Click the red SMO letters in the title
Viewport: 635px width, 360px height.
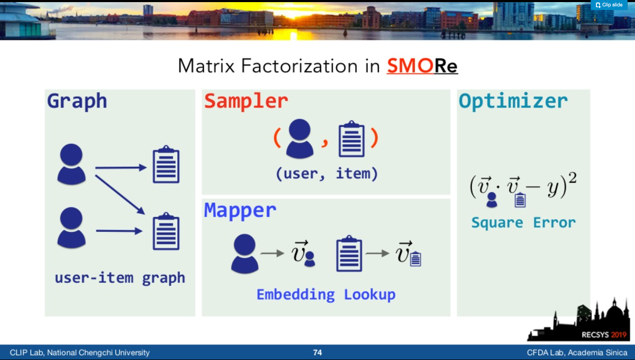(x=410, y=66)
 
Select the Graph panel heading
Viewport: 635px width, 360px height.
(x=77, y=101)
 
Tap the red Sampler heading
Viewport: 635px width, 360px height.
(x=246, y=101)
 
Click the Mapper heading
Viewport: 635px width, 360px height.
(x=240, y=211)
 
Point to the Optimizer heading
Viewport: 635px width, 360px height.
(x=513, y=101)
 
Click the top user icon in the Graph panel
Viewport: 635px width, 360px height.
(x=71, y=164)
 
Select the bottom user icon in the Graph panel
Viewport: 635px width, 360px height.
(x=71, y=228)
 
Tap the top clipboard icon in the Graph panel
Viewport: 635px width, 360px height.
(x=166, y=164)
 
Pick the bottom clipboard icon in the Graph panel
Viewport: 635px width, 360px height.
(x=166, y=231)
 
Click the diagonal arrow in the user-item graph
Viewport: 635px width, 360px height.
(x=120, y=195)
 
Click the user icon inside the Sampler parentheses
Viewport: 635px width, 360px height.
(x=300, y=138)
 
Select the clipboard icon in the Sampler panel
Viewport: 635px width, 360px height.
(x=351, y=139)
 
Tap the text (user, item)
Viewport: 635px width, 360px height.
(x=327, y=174)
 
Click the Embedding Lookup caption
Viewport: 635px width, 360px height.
(x=326, y=294)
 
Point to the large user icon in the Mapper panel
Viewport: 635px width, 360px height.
(x=244, y=254)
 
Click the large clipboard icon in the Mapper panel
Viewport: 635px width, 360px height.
(x=349, y=254)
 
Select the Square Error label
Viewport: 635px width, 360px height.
(x=523, y=223)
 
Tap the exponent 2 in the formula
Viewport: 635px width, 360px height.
(x=573, y=178)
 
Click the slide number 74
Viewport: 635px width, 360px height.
(x=317, y=353)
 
